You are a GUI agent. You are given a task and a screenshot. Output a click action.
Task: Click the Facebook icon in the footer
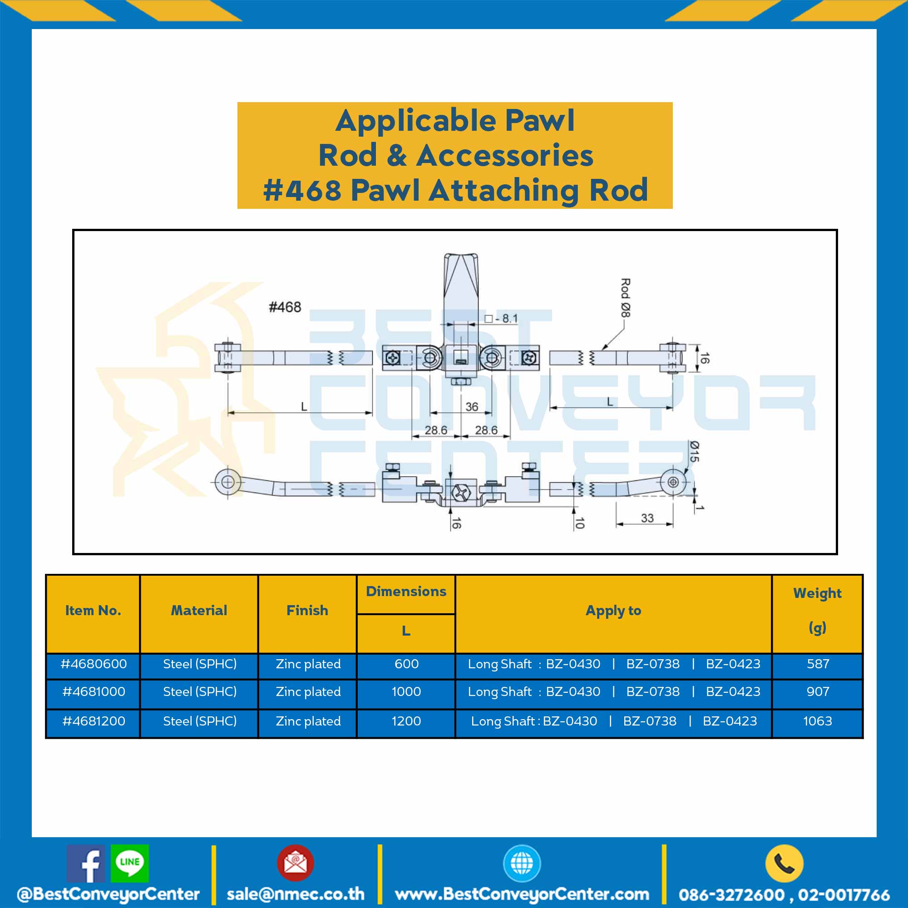point(85,864)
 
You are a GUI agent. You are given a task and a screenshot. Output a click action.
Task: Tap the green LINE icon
point(130,864)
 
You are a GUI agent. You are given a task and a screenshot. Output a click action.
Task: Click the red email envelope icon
point(295,863)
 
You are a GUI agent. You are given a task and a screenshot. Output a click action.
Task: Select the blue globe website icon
point(522,863)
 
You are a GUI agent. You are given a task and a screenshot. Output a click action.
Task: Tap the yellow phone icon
point(784,863)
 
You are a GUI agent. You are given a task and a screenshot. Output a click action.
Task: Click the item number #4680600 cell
point(94,664)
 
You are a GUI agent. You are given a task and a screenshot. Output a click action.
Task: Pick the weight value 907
point(818,691)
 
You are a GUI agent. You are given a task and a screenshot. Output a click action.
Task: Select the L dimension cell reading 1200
point(406,721)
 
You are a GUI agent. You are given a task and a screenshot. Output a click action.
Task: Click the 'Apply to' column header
point(613,611)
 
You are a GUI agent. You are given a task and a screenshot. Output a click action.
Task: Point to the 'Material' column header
point(199,610)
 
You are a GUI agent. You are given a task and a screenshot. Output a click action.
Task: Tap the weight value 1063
point(818,721)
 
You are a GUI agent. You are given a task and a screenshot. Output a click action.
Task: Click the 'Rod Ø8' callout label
point(626,297)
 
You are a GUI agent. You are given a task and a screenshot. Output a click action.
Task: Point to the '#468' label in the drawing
point(285,307)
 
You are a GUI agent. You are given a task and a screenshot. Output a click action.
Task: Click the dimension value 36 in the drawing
point(472,406)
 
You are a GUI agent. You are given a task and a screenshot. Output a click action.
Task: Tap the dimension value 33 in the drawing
point(647,518)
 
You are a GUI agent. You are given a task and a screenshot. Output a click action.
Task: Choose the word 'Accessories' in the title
point(505,156)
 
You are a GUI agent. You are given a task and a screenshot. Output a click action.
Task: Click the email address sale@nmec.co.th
point(296,893)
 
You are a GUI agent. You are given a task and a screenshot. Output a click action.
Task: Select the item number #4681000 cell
point(94,691)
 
